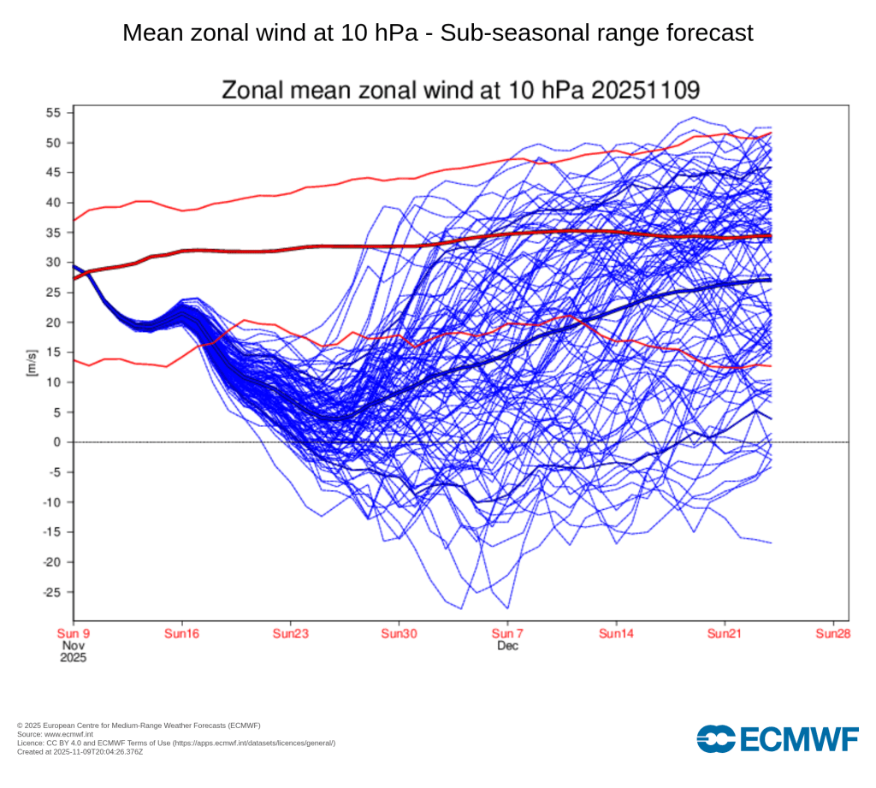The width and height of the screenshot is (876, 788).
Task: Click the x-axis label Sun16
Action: click(x=181, y=634)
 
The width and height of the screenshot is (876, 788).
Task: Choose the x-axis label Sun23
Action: click(x=290, y=634)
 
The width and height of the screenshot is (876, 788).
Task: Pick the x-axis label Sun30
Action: click(x=399, y=634)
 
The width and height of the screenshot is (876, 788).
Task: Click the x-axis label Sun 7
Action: click(x=507, y=634)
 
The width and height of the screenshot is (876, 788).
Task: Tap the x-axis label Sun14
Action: click(x=616, y=634)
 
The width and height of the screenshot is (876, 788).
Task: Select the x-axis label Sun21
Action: click(x=725, y=634)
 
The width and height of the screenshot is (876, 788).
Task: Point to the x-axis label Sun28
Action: click(x=833, y=634)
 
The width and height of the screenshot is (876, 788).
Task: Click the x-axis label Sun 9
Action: click(x=74, y=634)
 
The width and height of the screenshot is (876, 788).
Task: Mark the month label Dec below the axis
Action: click(x=507, y=646)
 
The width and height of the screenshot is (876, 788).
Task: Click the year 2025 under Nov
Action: click(x=74, y=659)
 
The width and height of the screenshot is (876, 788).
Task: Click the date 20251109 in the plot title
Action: click(x=651, y=90)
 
